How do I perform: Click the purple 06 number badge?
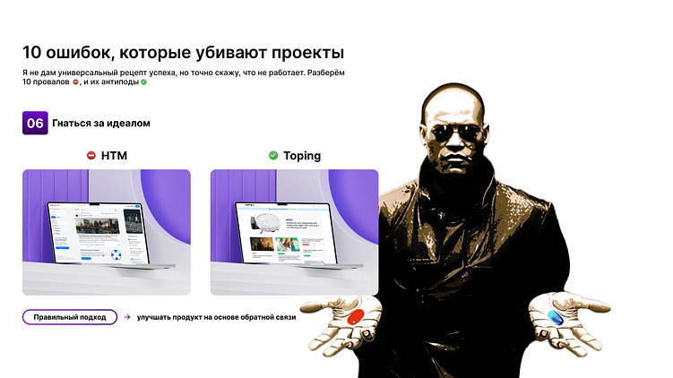point(35,123)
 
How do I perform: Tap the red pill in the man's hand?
point(356,317)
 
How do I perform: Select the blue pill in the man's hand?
point(555,318)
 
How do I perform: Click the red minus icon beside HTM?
point(91,156)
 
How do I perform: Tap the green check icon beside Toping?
point(273,156)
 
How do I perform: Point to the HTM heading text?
point(114,156)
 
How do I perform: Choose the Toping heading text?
point(302,156)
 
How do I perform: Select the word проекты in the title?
point(302,53)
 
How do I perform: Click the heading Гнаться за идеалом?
point(101,123)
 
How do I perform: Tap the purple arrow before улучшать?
point(127,317)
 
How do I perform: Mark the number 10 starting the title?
point(32,53)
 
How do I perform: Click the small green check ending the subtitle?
point(143,82)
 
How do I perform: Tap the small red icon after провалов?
point(76,82)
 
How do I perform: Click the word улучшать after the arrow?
point(155,317)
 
